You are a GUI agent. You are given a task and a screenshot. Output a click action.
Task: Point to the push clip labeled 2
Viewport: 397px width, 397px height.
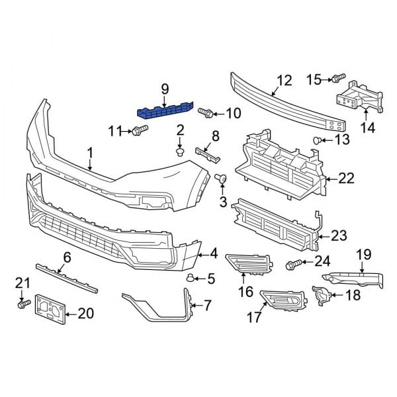179,152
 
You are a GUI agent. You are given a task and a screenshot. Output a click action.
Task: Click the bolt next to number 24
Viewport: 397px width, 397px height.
292,265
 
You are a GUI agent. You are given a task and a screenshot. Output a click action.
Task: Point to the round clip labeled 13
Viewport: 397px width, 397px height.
318,140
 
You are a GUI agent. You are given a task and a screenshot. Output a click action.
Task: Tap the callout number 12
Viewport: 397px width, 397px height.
284,81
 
